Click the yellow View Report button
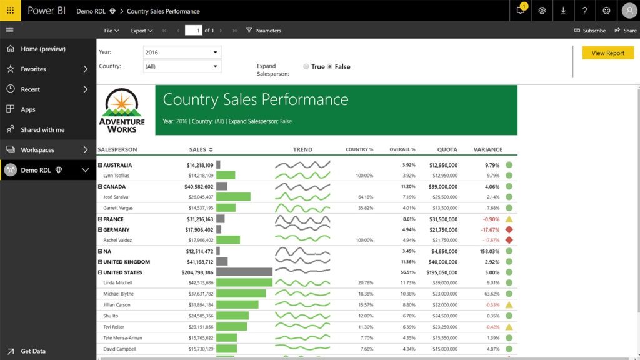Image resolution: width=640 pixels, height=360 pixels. point(607,53)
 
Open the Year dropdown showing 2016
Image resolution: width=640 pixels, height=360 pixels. point(182,52)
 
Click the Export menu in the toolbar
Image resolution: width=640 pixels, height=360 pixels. point(141,31)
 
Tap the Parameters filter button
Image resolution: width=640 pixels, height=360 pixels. point(263,31)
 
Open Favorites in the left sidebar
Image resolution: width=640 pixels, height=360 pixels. point(33,69)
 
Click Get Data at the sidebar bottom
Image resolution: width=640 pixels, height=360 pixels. point(32,351)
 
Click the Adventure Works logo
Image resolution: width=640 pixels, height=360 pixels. point(122,110)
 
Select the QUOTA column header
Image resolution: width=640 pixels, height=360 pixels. point(447,149)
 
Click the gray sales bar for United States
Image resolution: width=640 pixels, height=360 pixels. point(244,272)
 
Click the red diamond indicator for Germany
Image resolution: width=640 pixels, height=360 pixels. point(509,230)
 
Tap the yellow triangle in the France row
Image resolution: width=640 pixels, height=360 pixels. point(509,219)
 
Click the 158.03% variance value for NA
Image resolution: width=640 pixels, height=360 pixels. point(489,251)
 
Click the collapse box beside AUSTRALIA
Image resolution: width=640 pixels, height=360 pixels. point(100,166)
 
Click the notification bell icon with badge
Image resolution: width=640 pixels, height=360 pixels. point(521,11)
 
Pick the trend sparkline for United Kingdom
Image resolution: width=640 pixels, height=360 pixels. point(302,262)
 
